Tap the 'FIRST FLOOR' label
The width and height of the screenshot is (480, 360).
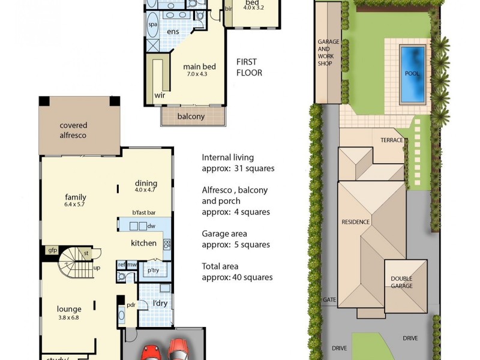click(249, 67)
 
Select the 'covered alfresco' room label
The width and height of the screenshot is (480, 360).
click(73, 130)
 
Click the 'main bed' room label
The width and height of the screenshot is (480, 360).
click(199, 67)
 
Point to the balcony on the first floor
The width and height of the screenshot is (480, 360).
click(193, 116)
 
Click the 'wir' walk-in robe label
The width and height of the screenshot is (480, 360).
click(160, 95)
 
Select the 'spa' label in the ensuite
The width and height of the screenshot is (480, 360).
click(153, 25)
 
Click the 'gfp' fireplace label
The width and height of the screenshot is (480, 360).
click(52, 250)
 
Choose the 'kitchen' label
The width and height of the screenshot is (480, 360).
click(144, 243)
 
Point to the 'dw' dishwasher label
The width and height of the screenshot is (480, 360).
click(151, 226)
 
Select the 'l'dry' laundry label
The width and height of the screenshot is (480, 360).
click(160, 303)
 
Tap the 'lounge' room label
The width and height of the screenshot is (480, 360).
click(69, 310)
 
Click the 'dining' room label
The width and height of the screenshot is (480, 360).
click(146, 184)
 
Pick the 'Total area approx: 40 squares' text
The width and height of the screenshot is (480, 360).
click(238, 271)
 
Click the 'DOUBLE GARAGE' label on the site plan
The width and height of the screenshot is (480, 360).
click(402, 282)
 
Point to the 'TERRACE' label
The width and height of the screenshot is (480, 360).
click(391, 140)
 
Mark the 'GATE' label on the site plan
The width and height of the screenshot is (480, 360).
click(328, 299)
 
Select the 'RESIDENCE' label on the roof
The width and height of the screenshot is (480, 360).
click(355, 221)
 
